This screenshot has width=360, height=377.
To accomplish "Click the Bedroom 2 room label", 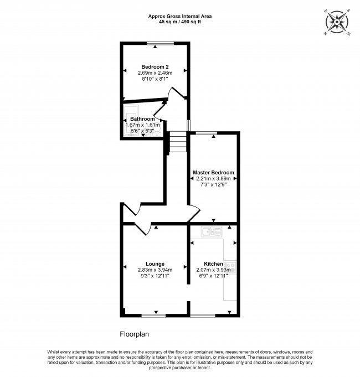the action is [x=155, y=67].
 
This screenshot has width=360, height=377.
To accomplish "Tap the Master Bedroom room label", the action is [x=213, y=172].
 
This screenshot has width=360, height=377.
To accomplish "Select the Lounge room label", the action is [x=155, y=264].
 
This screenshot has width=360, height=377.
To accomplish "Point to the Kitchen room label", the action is [x=213, y=264].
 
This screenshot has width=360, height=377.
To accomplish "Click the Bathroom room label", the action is [x=142, y=119].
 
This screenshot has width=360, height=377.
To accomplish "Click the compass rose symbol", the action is [x=337, y=22].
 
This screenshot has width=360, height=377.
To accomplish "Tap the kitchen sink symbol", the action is [x=212, y=232].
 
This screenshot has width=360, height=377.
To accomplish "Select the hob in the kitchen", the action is [x=230, y=267].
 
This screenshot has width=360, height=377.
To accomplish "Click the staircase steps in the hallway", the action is [x=178, y=142].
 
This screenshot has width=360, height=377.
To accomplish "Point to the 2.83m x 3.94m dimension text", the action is [x=155, y=270].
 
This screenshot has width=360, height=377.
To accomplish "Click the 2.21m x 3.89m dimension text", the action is [x=213, y=178].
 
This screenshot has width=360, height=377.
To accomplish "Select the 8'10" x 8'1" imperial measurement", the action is [x=155, y=79].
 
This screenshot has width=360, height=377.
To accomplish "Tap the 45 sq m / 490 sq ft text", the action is [x=180, y=22].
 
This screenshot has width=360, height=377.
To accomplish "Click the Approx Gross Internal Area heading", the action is [x=180, y=17].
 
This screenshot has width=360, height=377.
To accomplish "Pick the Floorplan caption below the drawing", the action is [x=135, y=334].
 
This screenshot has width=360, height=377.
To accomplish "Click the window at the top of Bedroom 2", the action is [x=160, y=43].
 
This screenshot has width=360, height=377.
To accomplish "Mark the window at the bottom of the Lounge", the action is [x=153, y=315].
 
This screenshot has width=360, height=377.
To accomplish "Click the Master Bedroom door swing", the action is [x=194, y=214].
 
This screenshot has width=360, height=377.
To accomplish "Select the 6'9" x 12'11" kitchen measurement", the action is [x=213, y=276].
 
